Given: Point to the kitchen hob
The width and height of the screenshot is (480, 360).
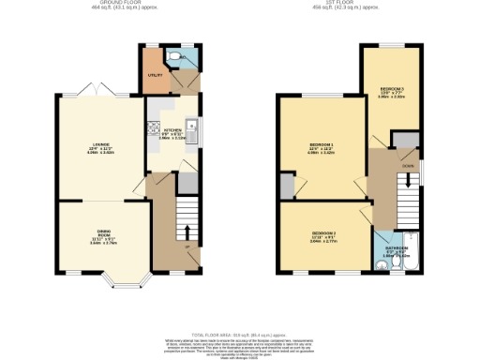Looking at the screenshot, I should click(x=152, y=133).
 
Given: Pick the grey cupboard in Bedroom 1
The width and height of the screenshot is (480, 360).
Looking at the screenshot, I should click(x=287, y=187).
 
